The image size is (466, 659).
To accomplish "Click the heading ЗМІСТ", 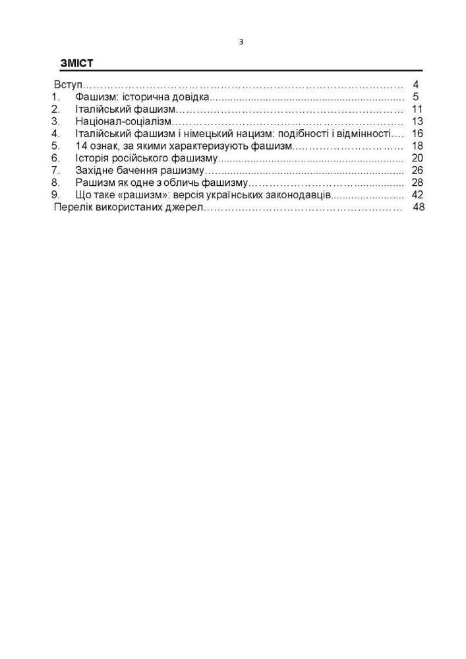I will (76, 64).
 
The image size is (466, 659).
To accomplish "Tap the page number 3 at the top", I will (241, 42).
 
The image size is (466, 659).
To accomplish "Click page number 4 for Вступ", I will (416, 85).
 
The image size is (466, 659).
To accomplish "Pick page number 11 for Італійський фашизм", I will (417, 109).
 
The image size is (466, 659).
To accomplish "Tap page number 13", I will (417, 122).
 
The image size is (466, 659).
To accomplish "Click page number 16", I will (417, 134).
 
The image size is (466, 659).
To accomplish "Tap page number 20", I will (417, 158).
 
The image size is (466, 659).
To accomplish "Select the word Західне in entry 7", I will (95, 171).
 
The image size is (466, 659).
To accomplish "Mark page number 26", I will (417, 171).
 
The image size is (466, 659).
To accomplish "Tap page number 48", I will (419, 207).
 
